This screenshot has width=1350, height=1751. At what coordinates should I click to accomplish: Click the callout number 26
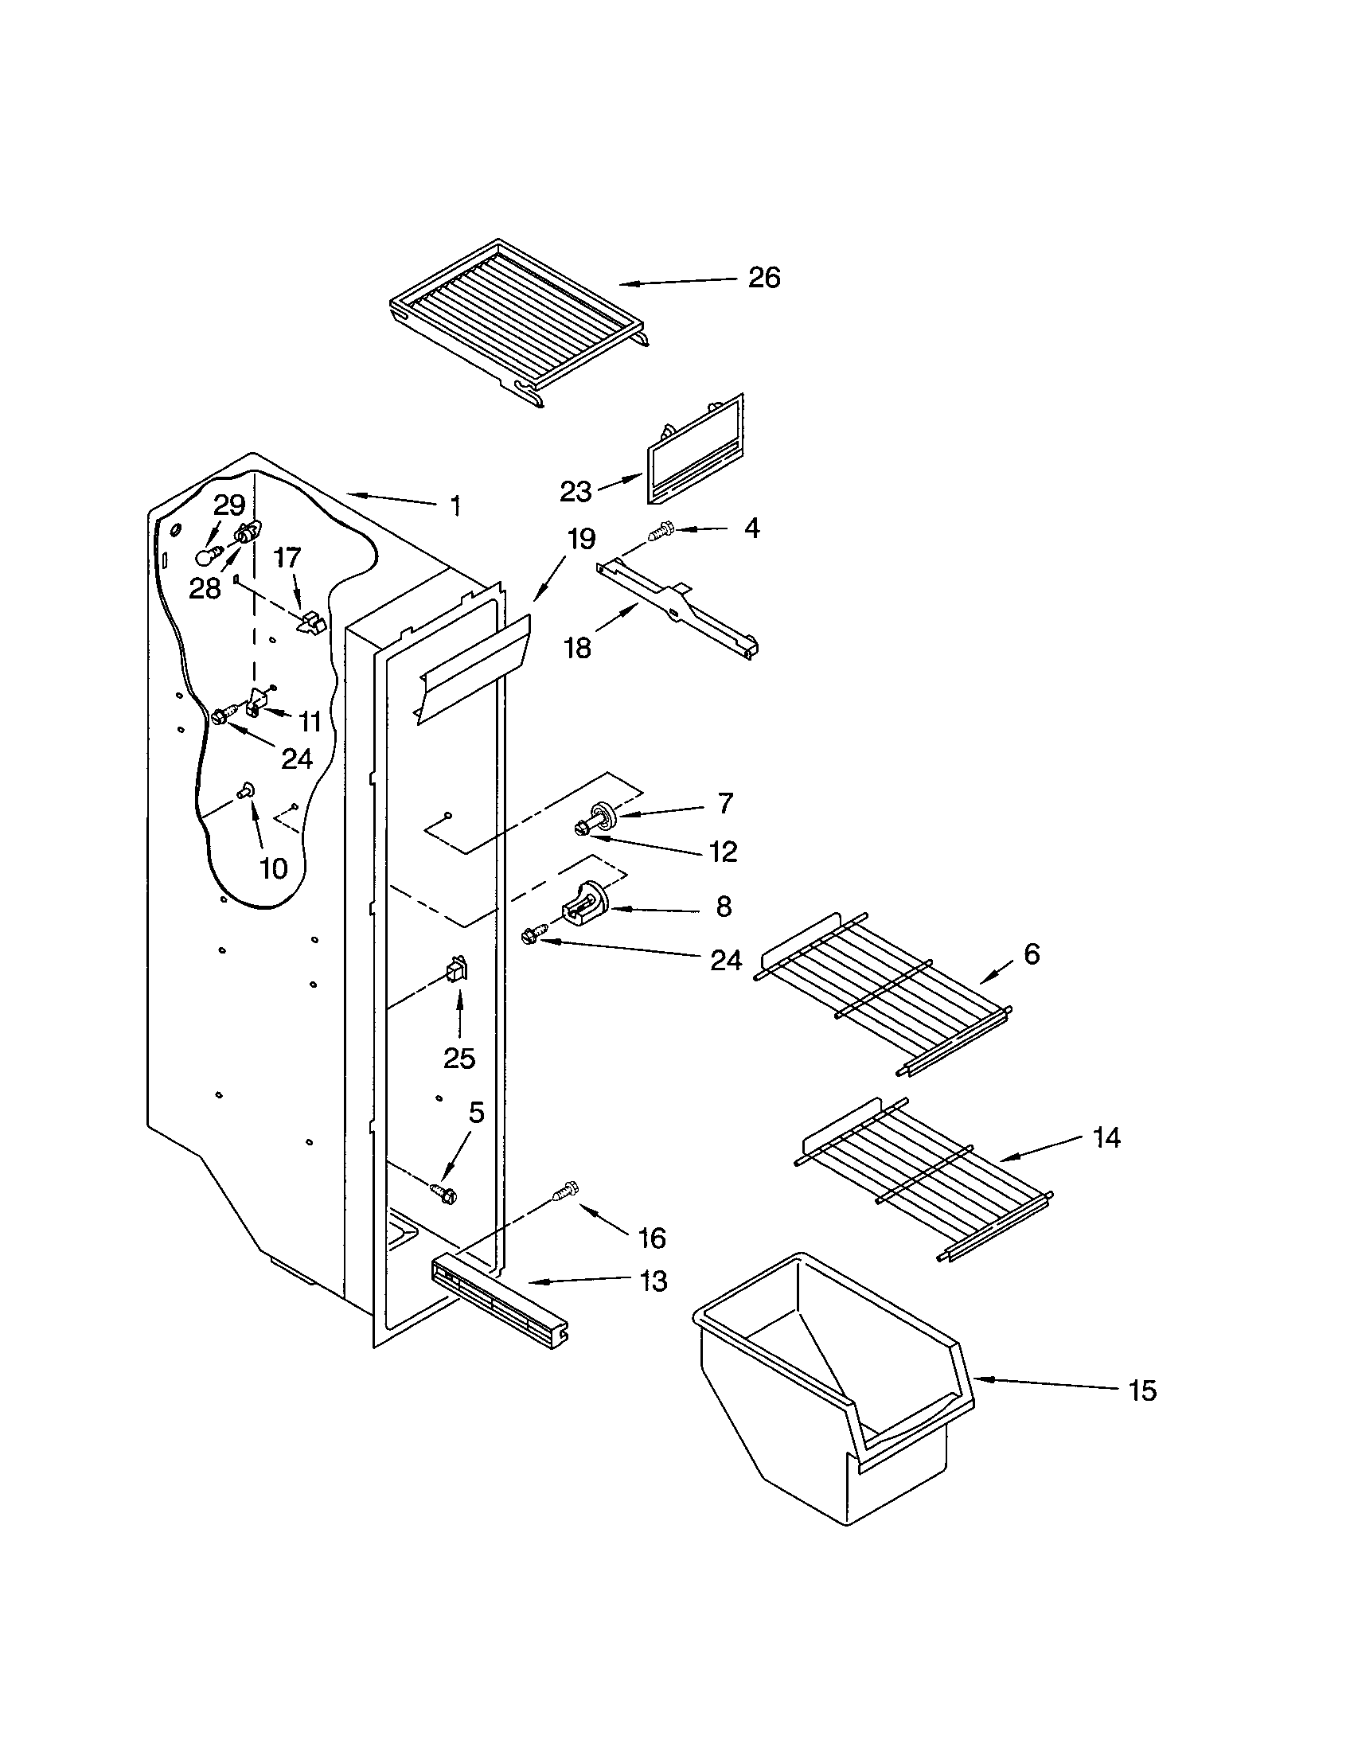(x=763, y=278)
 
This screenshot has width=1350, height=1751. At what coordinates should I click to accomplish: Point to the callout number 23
(x=575, y=491)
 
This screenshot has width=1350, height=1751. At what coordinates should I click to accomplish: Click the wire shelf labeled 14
(x=922, y=1179)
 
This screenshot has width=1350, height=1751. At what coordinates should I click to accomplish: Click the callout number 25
(x=459, y=1059)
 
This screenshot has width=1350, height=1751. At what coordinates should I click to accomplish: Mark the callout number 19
(x=581, y=540)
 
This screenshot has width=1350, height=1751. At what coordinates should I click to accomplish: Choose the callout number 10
(x=273, y=868)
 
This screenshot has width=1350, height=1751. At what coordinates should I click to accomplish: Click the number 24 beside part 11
(x=296, y=759)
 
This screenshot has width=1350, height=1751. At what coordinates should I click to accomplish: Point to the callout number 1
(x=455, y=506)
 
